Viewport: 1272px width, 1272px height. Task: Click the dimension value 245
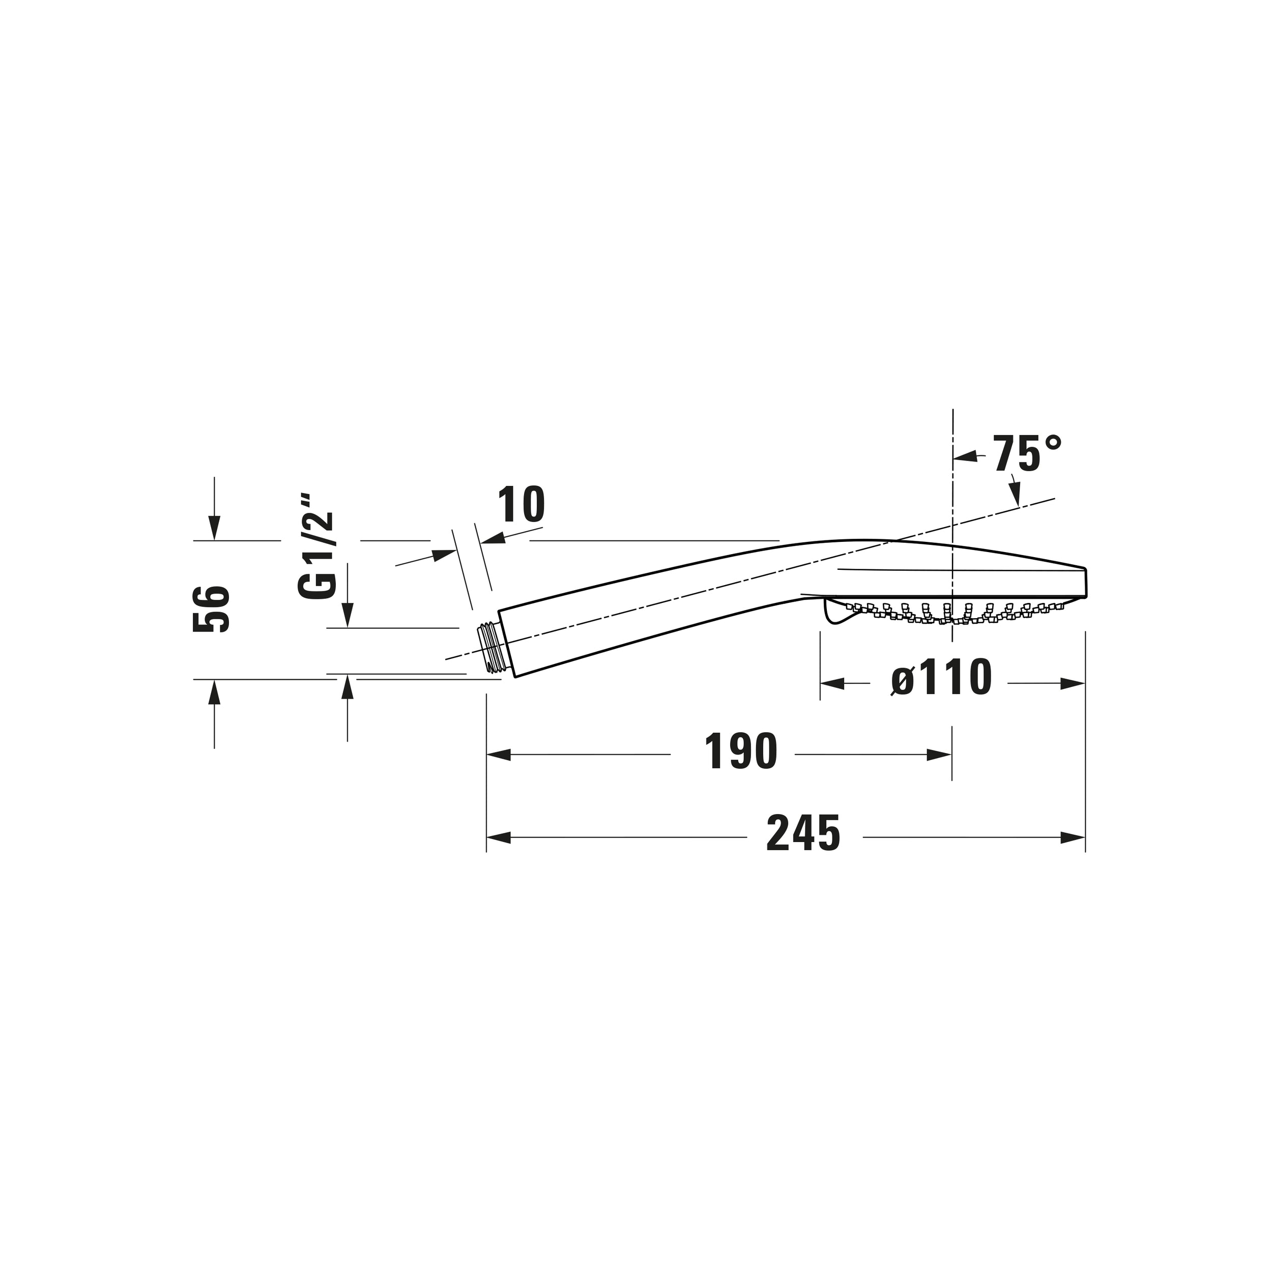tap(803, 834)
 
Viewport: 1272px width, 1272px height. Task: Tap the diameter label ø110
tap(941, 678)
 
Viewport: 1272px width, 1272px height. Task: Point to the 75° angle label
tap(1028, 454)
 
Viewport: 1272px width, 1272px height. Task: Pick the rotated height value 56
tap(211, 609)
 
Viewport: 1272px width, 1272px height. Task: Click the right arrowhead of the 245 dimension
tap(1073, 837)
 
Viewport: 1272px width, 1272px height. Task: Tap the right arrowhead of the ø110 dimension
tap(1073, 683)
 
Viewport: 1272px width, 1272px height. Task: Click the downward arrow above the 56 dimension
tap(214, 527)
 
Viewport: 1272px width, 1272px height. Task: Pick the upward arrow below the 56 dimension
tap(214, 692)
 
